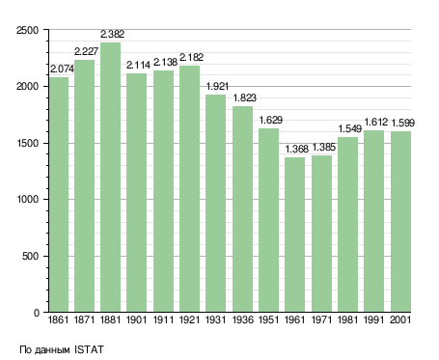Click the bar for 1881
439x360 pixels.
[110, 178]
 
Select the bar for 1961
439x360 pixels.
[294, 235]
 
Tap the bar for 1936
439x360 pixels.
[242, 209]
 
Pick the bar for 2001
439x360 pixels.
[400, 222]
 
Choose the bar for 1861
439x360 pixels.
[59, 195]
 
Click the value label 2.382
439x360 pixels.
[112, 34]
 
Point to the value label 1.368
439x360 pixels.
[297, 149]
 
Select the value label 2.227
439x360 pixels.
[86, 51]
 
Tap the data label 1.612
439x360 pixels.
[376, 123]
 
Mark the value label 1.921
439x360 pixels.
[217, 86]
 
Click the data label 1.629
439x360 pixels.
[271, 120]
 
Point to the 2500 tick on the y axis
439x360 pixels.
[28, 30]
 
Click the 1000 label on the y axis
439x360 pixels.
[28, 199]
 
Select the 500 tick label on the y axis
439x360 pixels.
[31, 256]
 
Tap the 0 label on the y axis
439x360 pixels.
[37, 313]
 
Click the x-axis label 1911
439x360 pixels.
[163, 320]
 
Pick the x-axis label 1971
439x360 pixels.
[321, 320]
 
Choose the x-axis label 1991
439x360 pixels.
[374, 320]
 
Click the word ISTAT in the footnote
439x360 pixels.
[89, 349]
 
